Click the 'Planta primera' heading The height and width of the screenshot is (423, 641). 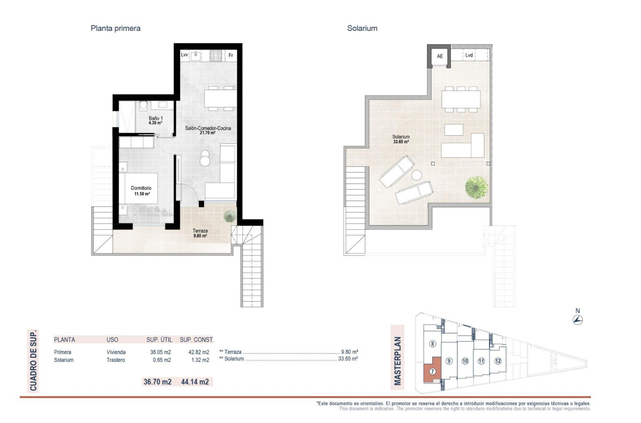tap(115, 28)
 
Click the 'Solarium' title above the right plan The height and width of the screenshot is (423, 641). tap(362, 28)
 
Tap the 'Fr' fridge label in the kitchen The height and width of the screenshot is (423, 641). tap(230, 55)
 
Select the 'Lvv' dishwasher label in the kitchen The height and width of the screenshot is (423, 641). tap(184, 55)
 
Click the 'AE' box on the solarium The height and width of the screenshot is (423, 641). tap(439, 56)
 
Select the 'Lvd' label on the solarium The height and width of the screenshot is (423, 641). tap(469, 56)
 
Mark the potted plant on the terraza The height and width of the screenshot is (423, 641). tap(230, 215)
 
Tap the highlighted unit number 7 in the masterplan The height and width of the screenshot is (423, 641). tap(433, 371)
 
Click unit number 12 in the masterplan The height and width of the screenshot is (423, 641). tap(497, 361)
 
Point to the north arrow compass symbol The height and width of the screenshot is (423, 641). tap(577, 319)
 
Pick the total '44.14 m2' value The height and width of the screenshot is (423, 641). tap(198, 382)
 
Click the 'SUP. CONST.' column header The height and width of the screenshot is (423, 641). tap(197, 340)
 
